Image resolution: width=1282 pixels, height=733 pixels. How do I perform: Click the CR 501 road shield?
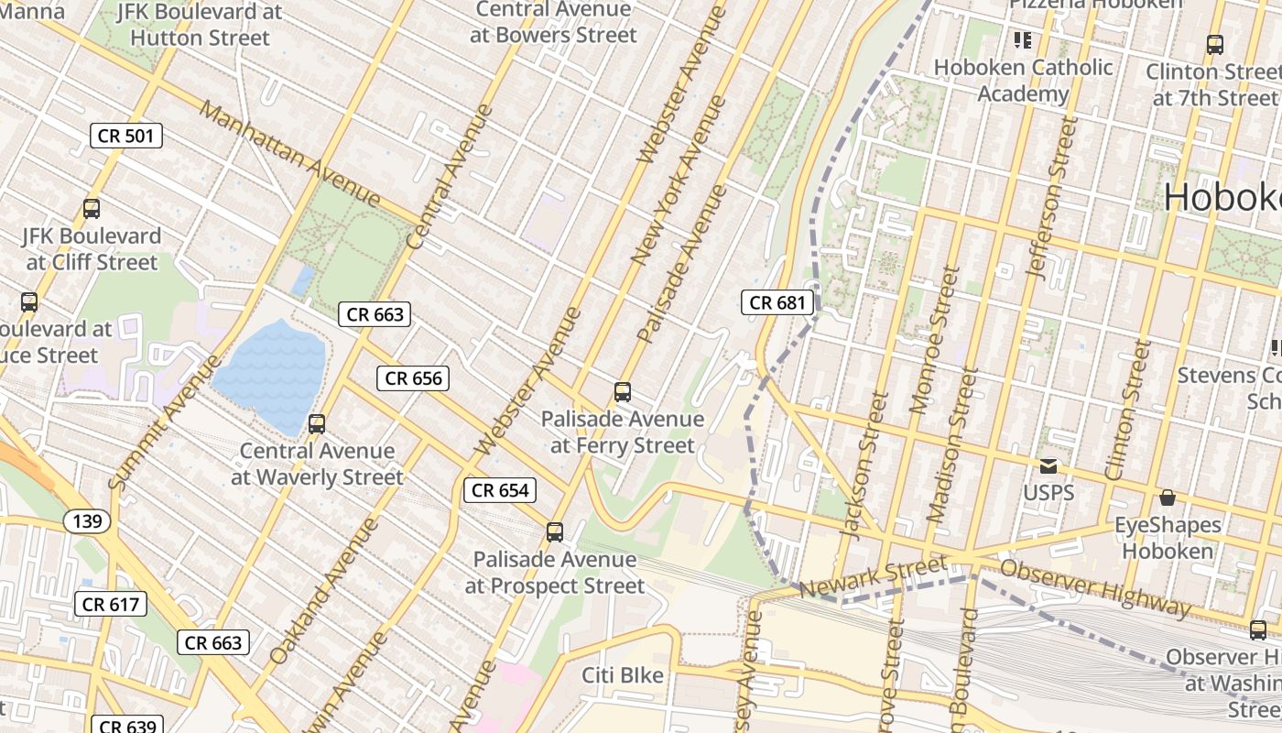126,137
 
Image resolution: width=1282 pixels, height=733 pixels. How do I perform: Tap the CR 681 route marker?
777,302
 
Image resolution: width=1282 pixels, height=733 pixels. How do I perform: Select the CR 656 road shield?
413,378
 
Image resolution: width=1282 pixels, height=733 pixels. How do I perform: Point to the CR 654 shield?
500,490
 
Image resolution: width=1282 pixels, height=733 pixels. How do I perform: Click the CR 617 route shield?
110,605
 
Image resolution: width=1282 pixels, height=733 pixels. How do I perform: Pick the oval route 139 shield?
88,521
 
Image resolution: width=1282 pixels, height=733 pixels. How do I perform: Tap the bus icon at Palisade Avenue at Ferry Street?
623,392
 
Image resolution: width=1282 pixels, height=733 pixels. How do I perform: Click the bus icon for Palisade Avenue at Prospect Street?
554,532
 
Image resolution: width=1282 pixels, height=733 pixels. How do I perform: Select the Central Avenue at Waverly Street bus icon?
317,424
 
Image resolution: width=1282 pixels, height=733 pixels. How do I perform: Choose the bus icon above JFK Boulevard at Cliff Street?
92,209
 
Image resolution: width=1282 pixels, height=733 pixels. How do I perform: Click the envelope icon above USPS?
1048,466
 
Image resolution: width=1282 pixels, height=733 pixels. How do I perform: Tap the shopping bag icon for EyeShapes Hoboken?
1168,498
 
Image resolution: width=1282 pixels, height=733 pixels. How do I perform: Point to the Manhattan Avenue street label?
288,153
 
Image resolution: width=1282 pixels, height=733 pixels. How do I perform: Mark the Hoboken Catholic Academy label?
1023,81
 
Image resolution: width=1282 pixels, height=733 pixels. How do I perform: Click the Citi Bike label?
623,675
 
